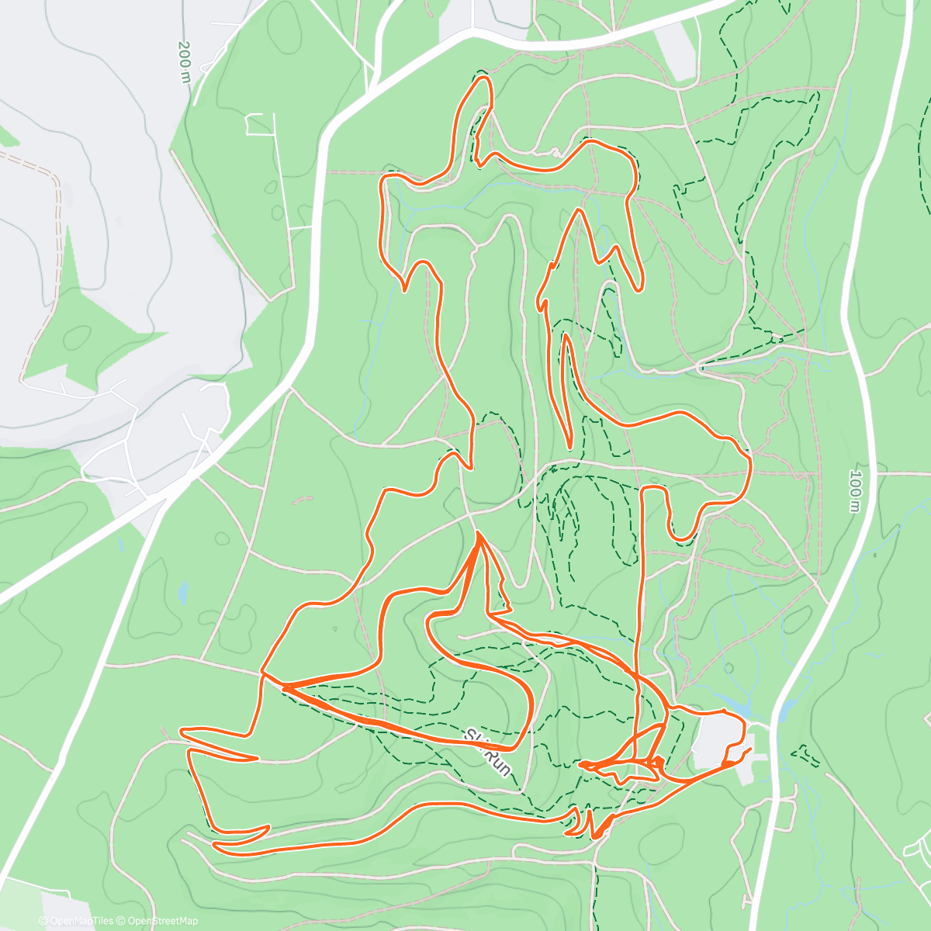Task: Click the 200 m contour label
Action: click(184, 62)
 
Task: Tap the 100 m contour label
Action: click(855, 490)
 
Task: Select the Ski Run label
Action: click(490, 752)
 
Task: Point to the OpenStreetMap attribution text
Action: click(158, 921)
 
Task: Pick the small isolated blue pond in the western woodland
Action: click(183, 594)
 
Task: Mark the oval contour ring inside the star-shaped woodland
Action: click(78, 337)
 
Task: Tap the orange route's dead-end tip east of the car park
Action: click(749, 749)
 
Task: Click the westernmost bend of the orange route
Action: click(181, 731)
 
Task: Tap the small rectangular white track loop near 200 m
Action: click(261, 124)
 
